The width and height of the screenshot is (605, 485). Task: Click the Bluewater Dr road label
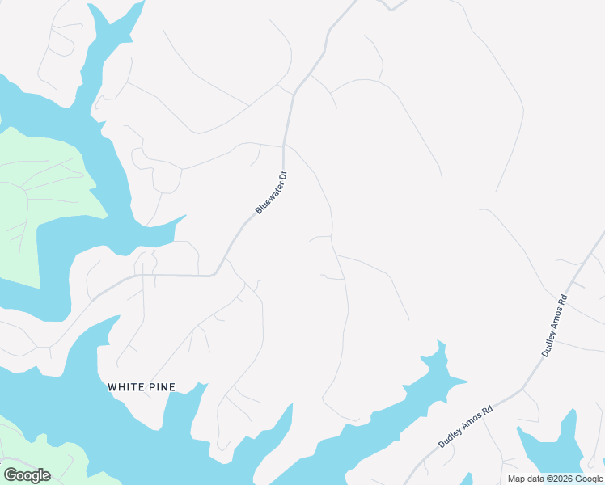pyautogui.click(x=272, y=192)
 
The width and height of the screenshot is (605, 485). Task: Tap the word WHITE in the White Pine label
pyautogui.click(x=126, y=387)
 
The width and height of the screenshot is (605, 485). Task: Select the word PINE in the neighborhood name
pyautogui.click(x=163, y=387)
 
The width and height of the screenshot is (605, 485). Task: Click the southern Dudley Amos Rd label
pyautogui.click(x=465, y=427)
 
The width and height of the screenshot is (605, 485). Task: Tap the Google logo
pyautogui.click(x=27, y=475)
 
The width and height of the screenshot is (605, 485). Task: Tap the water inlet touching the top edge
pyautogui.click(x=113, y=24)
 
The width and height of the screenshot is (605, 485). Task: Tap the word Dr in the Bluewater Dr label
pyautogui.click(x=283, y=175)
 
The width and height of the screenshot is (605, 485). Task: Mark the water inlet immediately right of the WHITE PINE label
pyautogui.click(x=194, y=412)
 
